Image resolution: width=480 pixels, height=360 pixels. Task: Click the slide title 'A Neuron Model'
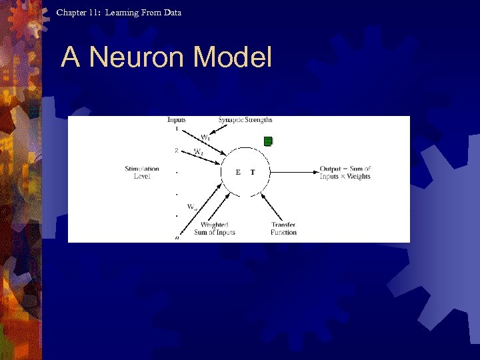166,58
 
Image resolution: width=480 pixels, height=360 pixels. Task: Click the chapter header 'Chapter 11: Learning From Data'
119,12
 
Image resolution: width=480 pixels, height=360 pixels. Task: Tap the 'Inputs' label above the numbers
177,120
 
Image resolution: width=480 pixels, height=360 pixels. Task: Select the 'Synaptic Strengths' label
245,120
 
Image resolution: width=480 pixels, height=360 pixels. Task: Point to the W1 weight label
207,137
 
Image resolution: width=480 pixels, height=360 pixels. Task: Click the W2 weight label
199,151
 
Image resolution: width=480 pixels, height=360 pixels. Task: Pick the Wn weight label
192,207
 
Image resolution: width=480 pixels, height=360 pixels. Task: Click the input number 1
177,129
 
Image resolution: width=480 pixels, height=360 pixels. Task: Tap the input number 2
177,151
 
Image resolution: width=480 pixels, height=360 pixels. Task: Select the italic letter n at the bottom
177,237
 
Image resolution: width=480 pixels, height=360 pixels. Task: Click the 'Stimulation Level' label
141,172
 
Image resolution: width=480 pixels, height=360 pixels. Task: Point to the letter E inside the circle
238,172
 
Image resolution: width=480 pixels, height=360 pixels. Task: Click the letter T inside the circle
253,172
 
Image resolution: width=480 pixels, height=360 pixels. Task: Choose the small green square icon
268,141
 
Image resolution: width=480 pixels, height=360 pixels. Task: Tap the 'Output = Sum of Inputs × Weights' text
345,172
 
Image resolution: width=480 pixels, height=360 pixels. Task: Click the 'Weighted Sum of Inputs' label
215,229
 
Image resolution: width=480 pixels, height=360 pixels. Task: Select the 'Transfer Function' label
283,229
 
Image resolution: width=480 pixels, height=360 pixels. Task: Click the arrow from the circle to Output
293,172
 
